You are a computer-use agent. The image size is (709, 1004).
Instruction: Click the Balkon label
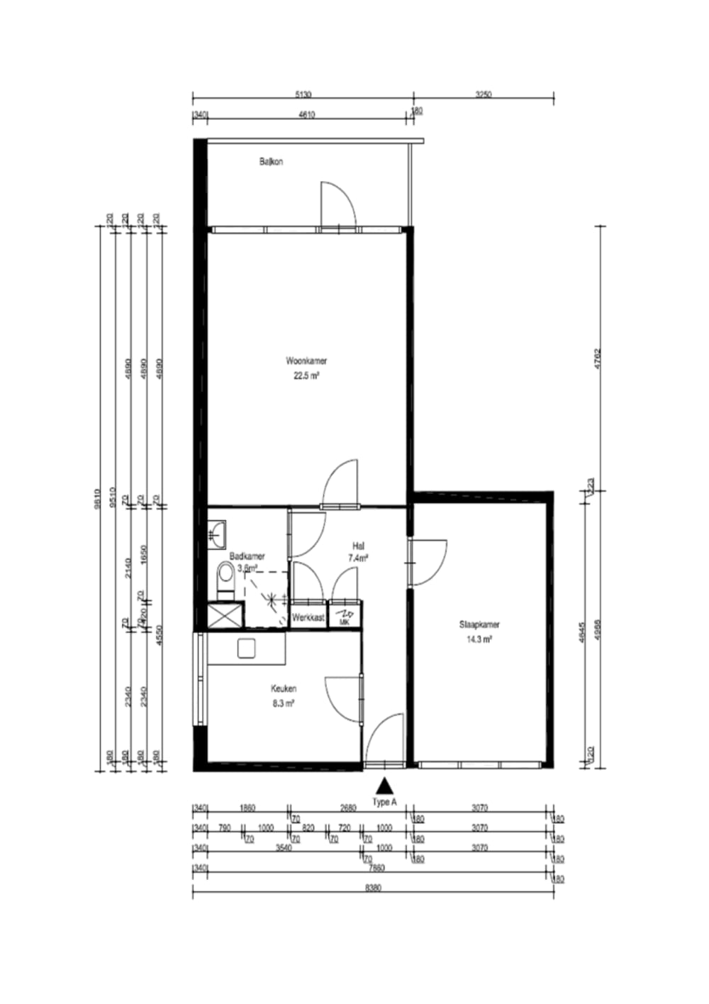(x=271, y=162)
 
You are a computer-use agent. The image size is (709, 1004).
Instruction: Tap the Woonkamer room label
(x=306, y=360)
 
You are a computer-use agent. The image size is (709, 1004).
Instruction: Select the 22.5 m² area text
(x=306, y=376)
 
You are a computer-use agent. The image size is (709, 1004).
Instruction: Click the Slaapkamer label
(x=479, y=625)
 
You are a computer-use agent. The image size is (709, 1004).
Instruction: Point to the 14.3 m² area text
(x=479, y=639)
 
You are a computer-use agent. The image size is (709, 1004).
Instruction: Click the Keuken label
(x=284, y=688)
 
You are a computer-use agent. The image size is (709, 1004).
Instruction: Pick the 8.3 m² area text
(x=284, y=703)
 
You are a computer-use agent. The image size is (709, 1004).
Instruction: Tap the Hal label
(x=358, y=546)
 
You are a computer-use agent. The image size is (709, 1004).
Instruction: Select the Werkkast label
(x=308, y=618)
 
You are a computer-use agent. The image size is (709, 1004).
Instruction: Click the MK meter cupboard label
(x=345, y=622)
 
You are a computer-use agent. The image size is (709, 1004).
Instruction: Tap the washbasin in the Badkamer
(x=217, y=531)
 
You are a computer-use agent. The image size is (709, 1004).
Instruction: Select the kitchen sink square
(x=246, y=648)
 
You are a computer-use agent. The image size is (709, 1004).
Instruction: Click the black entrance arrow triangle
(x=384, y=785)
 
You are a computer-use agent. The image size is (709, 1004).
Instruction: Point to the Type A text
(x=384, y=802)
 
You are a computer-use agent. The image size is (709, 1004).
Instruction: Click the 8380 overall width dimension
(x=372, y=888)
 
